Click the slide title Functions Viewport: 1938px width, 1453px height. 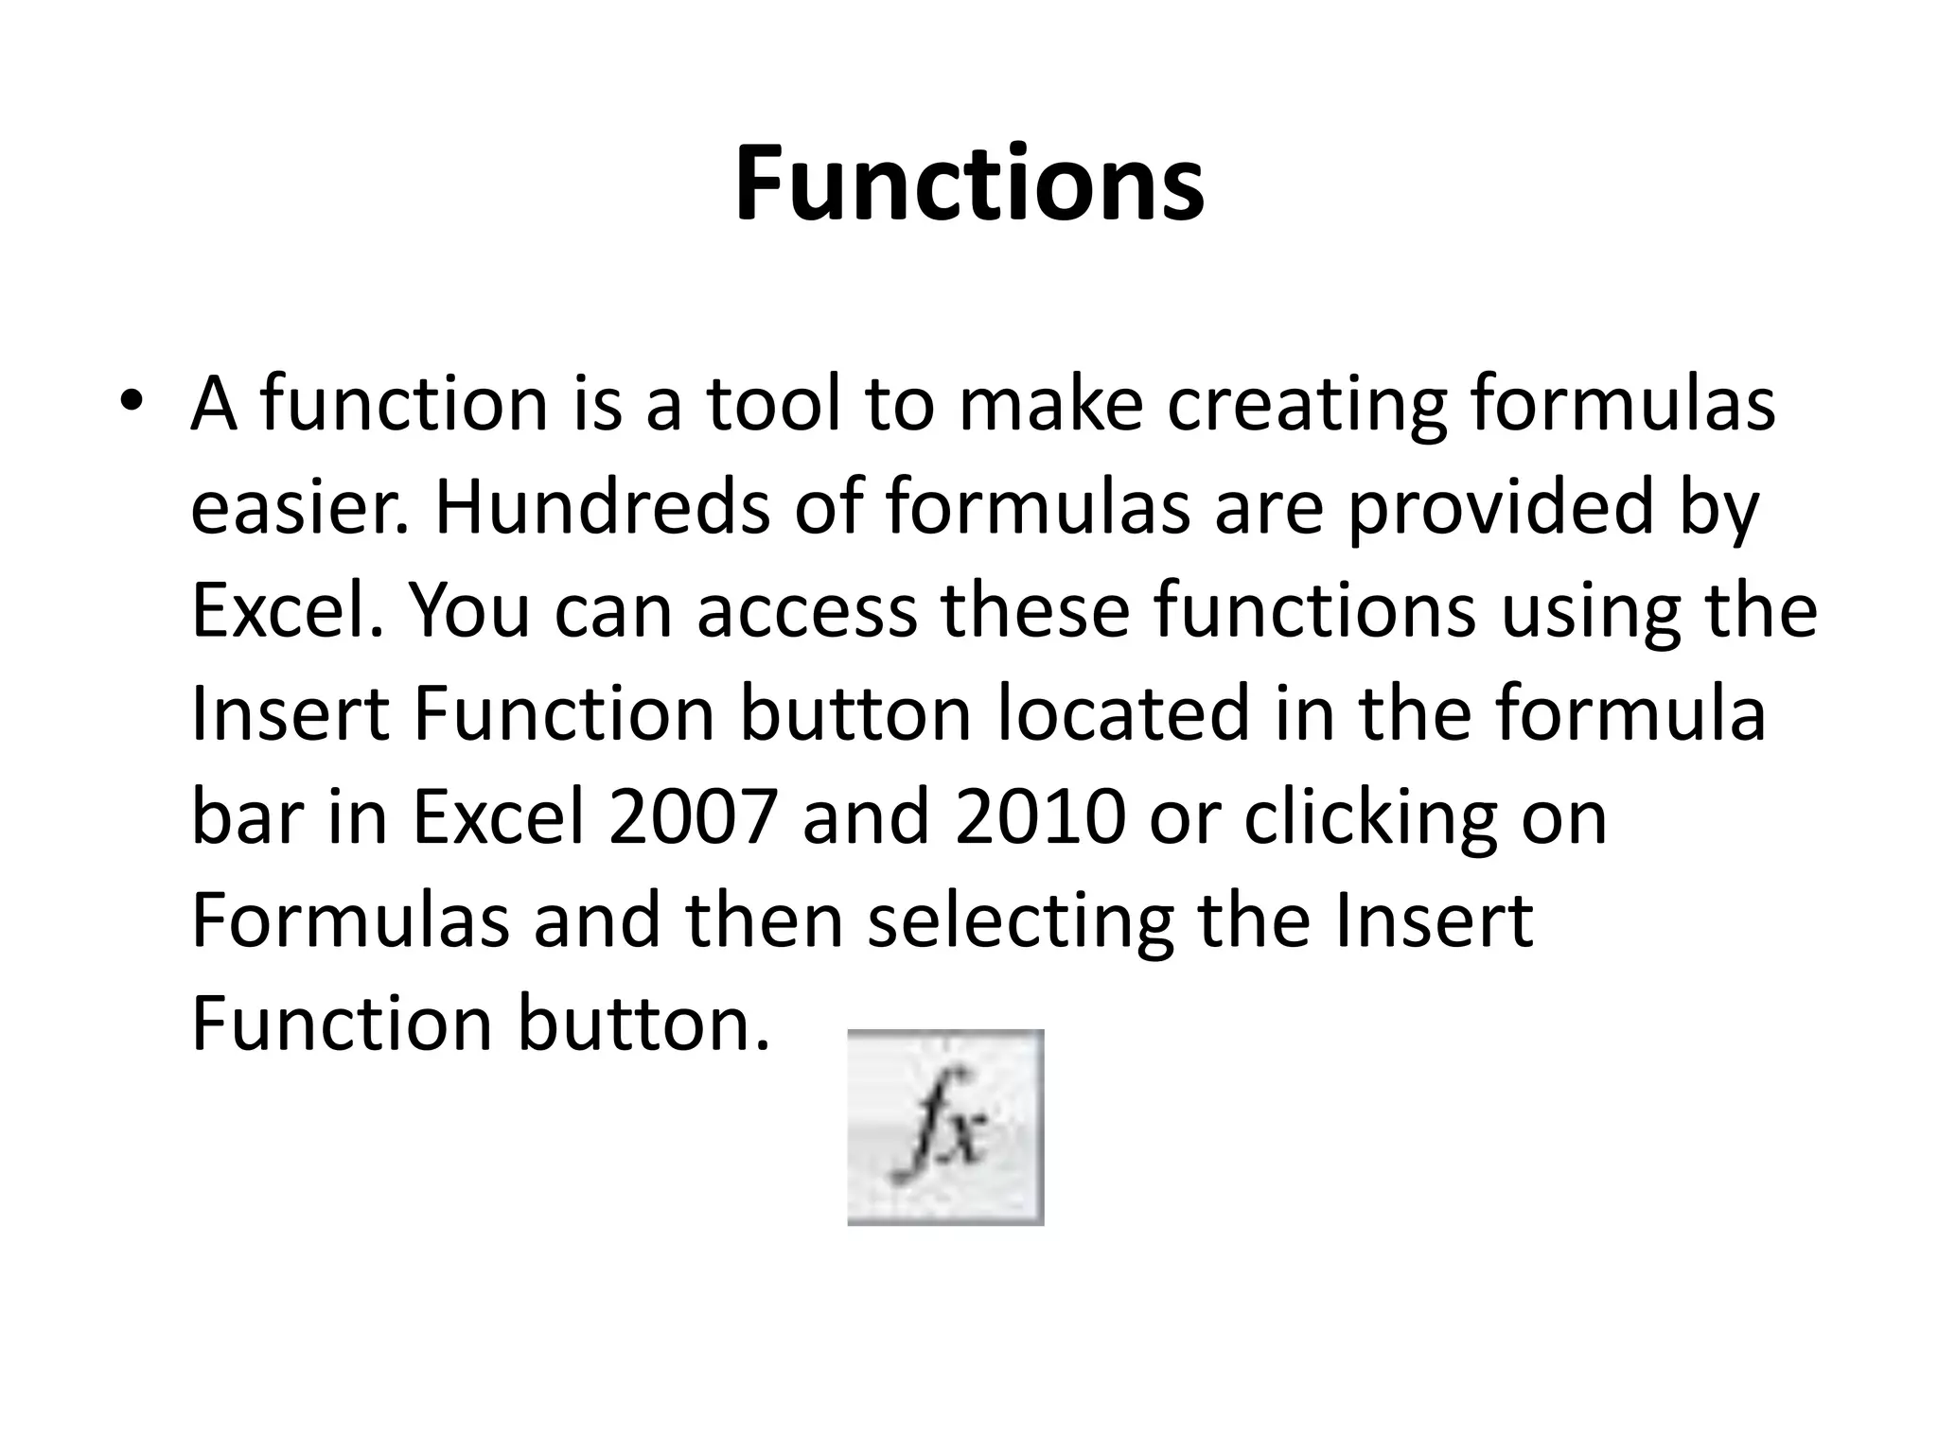coord(969,184)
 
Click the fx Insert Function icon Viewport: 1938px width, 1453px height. coord(945,1127)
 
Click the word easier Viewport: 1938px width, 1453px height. coord(300,508)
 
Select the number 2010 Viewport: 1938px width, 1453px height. coord(1040,818)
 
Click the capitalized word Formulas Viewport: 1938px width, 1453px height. coord(350,921)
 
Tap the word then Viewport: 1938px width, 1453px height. coord(764,921)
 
